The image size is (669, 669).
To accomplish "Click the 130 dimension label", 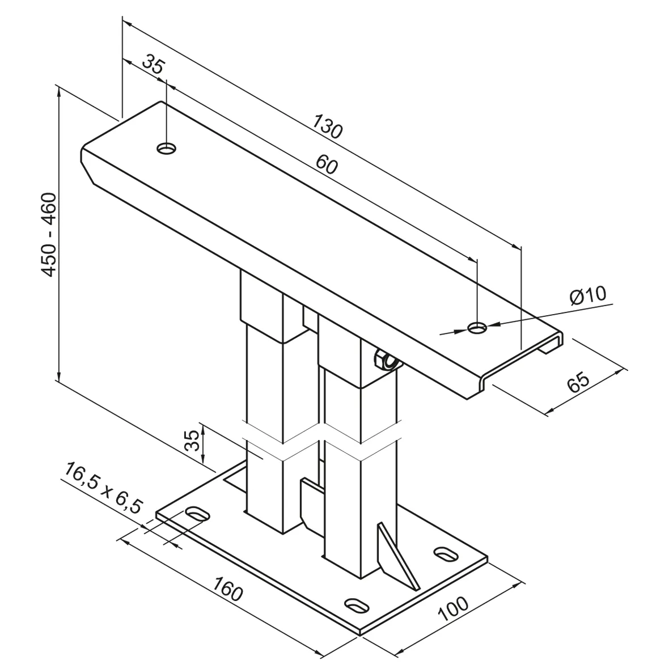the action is point(327,126).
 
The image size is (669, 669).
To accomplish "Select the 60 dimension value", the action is point(327,164).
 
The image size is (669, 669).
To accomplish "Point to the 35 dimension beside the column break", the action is point(192,441).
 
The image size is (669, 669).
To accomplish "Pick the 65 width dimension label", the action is point(578,382).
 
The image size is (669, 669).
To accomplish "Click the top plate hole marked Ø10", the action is point(477,328).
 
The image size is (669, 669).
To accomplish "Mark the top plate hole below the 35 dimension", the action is point(167,149).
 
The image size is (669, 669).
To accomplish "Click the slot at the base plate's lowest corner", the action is point(356,604).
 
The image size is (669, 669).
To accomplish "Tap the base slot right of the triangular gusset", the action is point(446,553).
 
